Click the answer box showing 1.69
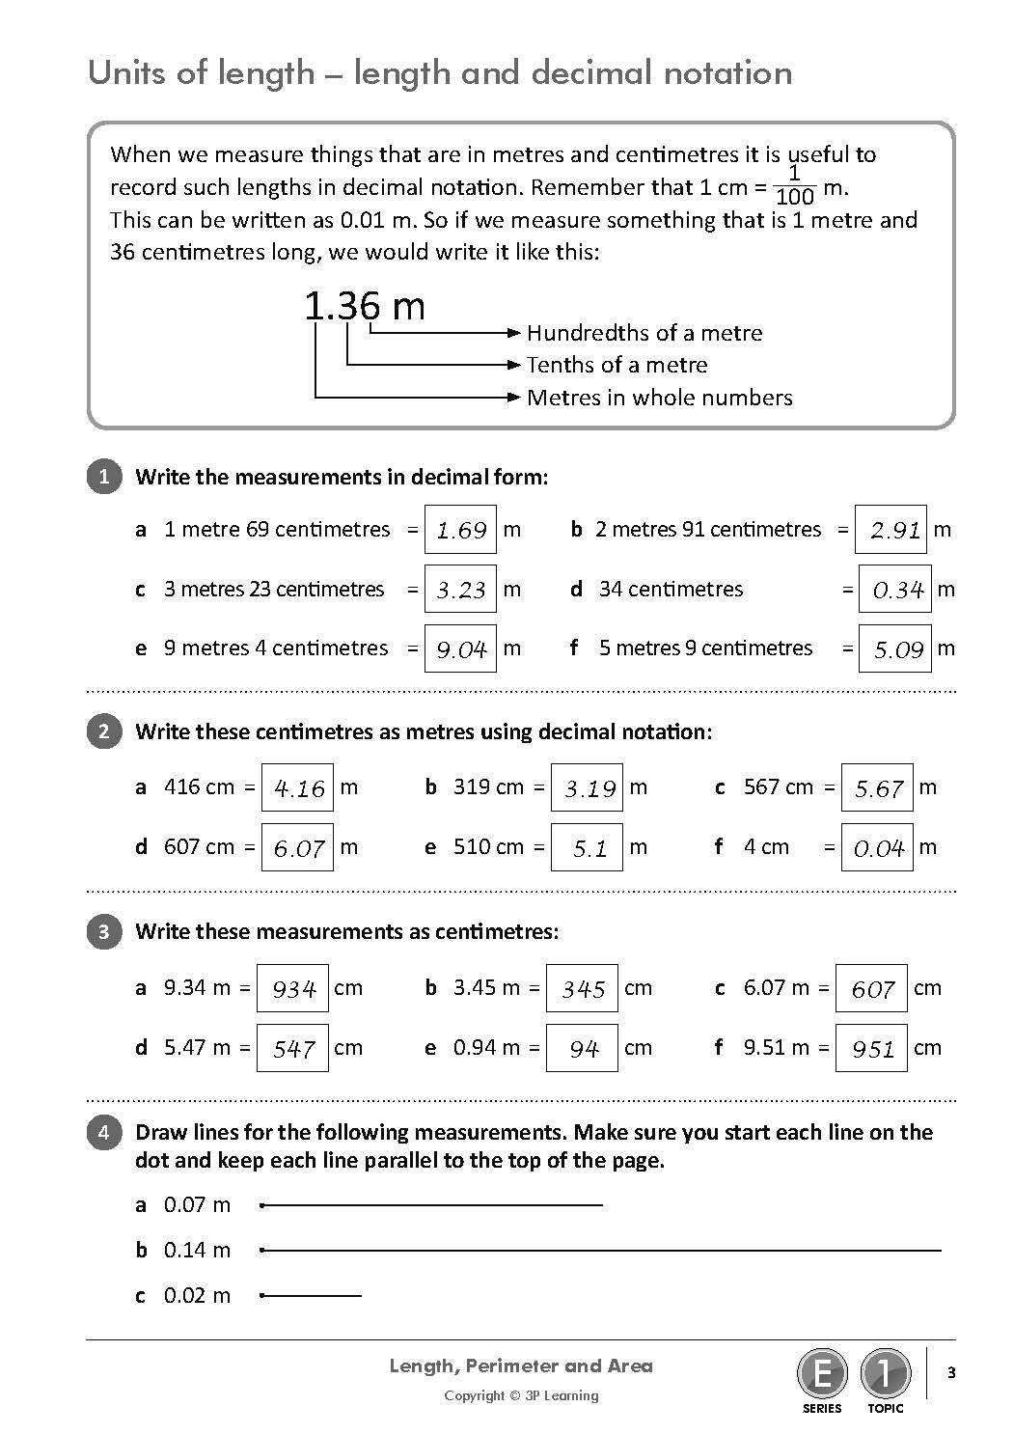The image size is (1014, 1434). [460, 530]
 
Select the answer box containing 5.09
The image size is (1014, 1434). [895, 649]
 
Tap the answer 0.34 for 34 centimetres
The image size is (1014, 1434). [895, 590]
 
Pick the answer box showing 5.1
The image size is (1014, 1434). [587, 848]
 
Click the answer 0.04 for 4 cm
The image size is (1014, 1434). [877, 848]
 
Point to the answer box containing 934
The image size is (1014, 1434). [292, 989]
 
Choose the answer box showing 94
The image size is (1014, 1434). [582, 1049]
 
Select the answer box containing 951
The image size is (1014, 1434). [871, 1049]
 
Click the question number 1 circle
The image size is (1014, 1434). [104, 477]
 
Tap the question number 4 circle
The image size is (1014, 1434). [104, 1132]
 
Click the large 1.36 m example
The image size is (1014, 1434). [365, 307]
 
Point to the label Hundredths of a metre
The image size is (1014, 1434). [644, 333]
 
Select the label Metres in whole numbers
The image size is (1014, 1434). [659, 398]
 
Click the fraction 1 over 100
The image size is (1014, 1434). [795, 185]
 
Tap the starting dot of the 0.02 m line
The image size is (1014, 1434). [262, 1295]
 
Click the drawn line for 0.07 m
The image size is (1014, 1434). [432, 1204]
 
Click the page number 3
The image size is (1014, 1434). [951, 1373]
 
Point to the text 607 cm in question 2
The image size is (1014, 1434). [199, 847]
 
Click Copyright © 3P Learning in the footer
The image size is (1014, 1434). [521, 1395]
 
